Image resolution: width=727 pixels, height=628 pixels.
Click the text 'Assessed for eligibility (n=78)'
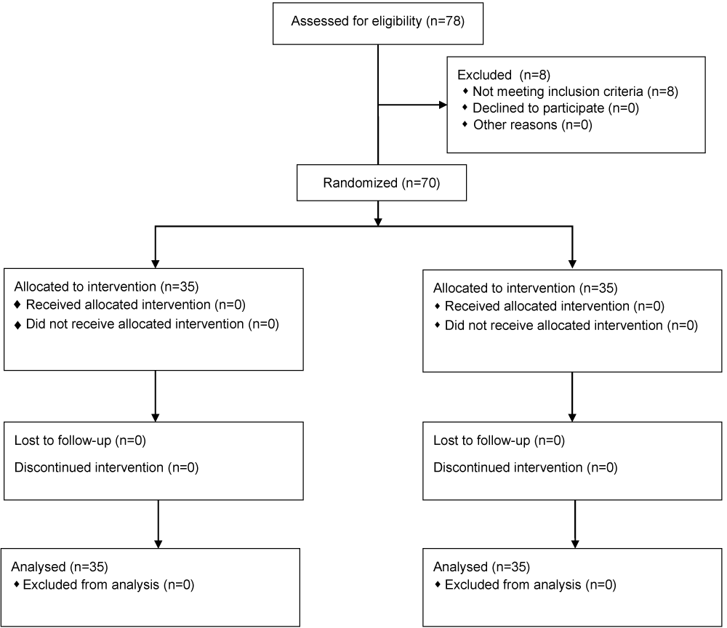coord(377,21)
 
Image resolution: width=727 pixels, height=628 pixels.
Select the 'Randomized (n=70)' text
coord(381,183)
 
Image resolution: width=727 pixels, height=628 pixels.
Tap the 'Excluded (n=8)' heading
coord(504,75)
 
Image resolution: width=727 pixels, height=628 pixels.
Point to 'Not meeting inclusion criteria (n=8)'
coord(575,92)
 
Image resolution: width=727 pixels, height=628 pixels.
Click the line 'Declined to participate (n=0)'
coord(555,108)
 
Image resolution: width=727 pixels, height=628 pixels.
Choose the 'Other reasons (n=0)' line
coord(533,125)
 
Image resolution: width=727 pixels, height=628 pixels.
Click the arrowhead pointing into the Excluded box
coord(443,105)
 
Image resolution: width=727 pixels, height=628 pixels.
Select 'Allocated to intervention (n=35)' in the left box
coord(106,287)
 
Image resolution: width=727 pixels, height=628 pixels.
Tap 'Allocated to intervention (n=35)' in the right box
coord(526,289)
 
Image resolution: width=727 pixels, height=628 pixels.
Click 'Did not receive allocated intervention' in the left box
coord(135,324)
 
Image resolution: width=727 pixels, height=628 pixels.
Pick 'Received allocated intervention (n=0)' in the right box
coord(555,306)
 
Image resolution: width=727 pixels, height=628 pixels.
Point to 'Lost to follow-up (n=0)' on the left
coord(80,440)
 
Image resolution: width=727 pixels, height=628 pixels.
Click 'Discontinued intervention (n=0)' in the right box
coord(526,467)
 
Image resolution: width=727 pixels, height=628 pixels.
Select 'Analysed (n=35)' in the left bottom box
coord(60,567)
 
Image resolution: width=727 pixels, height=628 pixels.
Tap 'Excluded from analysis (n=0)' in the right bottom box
coord(531,585)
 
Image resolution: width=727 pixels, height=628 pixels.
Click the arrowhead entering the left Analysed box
coord(158,544)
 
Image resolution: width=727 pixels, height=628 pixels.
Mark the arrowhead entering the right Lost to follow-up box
coord(572,418)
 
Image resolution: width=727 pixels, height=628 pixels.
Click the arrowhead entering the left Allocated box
coord(156,264)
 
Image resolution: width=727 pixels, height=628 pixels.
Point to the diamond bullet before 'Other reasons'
coord(465,124)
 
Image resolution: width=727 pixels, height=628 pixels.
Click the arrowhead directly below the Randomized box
coord(378,222)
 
